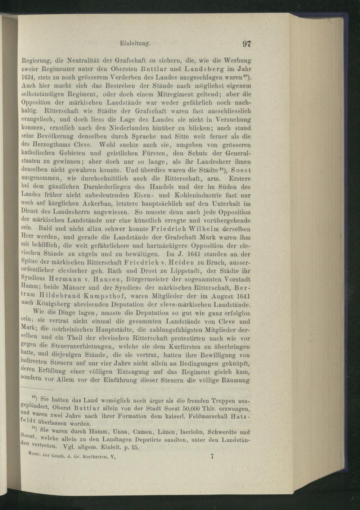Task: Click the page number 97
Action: click(247, 44)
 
